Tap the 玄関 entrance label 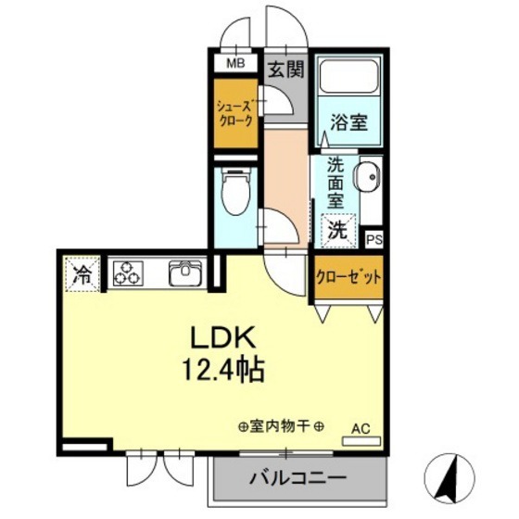285,68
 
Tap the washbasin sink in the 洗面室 367,176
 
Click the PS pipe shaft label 373,239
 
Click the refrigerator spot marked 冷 82,273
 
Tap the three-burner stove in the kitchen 128,273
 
